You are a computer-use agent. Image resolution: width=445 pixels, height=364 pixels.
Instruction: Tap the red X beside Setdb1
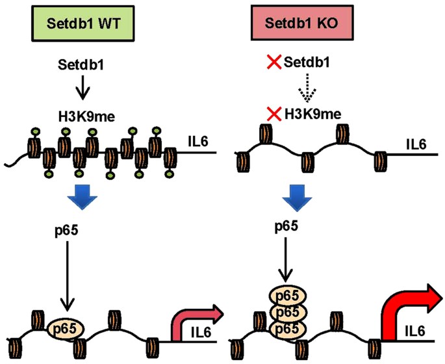pyautogui.click(x=274, y=62)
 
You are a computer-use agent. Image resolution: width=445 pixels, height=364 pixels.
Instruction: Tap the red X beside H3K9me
pyautogui.click(x=274, y=114)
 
